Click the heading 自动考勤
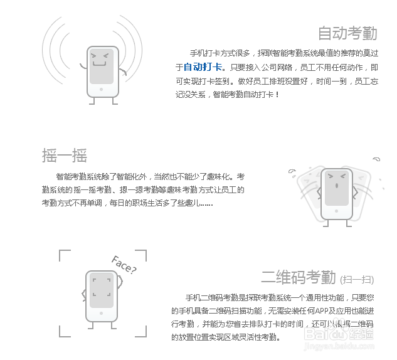coord(347,33)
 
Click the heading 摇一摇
coord(64,155)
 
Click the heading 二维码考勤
coord(299,277)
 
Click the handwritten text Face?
coord(124,265)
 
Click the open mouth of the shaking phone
coord(337,186)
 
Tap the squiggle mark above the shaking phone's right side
coord(376,159)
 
